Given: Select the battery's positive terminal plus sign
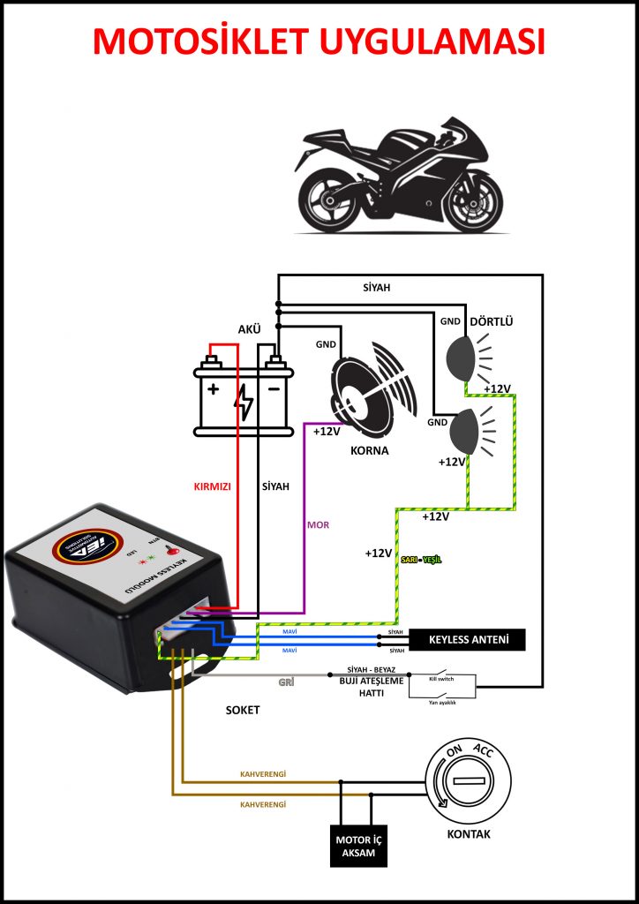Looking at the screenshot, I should (x=213, y=389).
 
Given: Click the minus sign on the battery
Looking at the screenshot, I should (x=274, y=389).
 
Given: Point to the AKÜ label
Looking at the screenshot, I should (x=250, y=328).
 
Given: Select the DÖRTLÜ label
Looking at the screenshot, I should (x=492, y=321).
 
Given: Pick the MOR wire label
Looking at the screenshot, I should (x=318, y=524).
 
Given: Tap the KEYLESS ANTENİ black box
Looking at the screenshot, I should (x=466, y=639).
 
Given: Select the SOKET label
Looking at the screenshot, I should (x=243, y=709).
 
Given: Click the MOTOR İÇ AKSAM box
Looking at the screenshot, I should (x=359, y=845).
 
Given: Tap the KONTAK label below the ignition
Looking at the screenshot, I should (x=469, y=834).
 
